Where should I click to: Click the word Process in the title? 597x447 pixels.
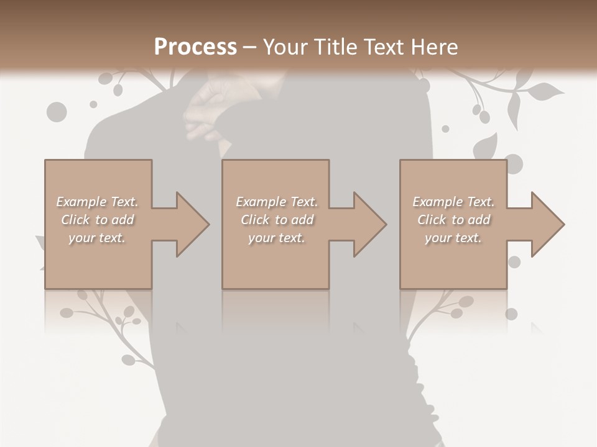(195, 47)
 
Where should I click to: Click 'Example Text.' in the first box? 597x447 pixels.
(97, 202)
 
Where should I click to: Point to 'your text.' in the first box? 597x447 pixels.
(97, 238)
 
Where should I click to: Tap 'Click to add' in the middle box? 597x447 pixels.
(277, 220)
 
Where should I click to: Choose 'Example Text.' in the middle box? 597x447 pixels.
(277, 202)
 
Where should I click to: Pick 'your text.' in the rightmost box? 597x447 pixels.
(453, 238)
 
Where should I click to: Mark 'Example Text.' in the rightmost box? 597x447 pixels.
(453, 202)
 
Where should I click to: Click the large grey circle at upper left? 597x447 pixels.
(57, 112)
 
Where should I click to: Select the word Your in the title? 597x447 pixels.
(283, 47)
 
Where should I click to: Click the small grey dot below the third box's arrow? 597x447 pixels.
(514, 262)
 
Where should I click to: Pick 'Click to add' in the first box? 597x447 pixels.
(97, 220)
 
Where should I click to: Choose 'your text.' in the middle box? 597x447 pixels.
(277, 238)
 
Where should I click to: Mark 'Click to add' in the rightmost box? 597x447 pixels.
(453, 220)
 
